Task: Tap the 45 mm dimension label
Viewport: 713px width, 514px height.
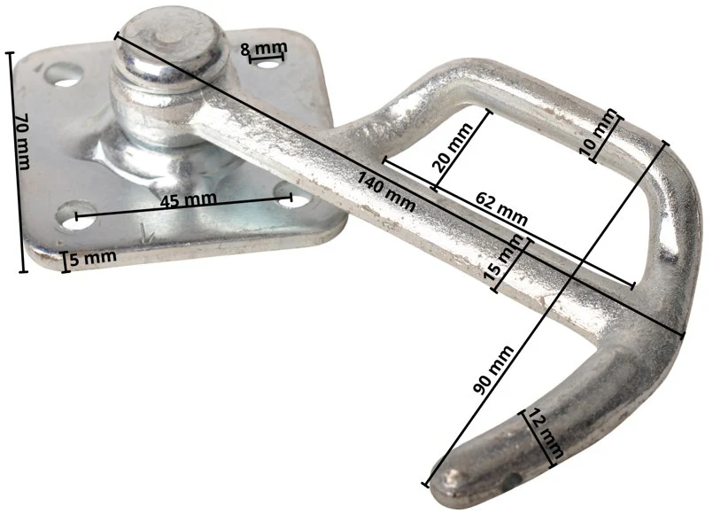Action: (x=188, y=199)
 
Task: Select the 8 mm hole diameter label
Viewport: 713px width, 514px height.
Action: (x=264, y=48)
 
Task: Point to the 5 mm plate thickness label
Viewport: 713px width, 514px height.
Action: (x=93, y=258)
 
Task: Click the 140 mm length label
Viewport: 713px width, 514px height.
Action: (x=385, y=191)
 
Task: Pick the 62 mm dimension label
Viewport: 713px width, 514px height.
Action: (x=501, y=209)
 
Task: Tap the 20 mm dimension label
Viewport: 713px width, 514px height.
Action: (x=451, y=148)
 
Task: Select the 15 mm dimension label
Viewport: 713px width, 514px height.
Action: (x=506, y=261)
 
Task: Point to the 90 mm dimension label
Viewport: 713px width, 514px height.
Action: (x=493, y=370)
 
